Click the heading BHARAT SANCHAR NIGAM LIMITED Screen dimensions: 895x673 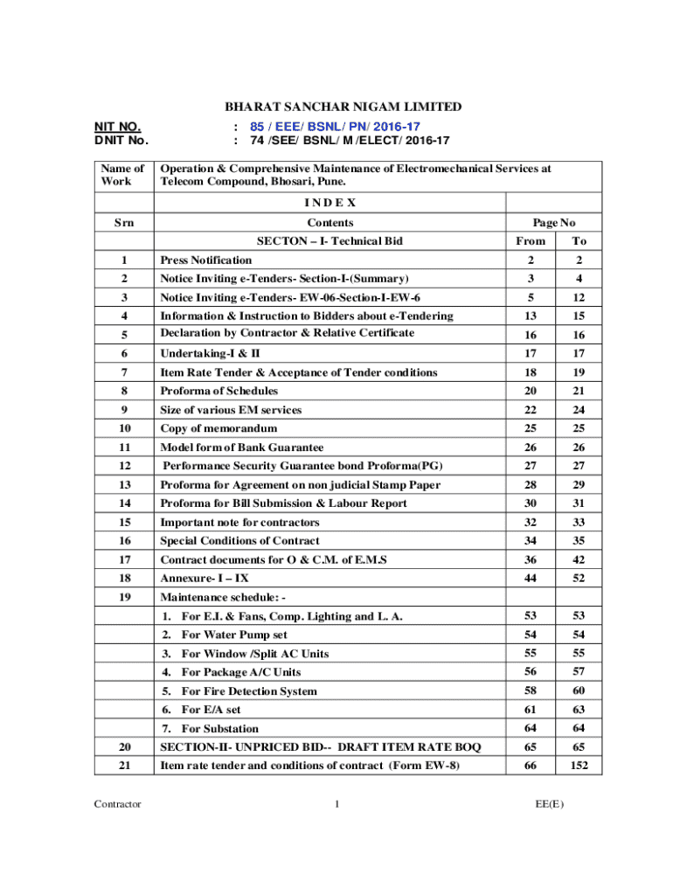[343, 107]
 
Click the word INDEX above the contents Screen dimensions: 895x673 [330, 202]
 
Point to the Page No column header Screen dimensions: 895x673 [554, 223]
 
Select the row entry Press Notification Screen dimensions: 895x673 [205, 260]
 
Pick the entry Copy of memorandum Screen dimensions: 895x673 [219, 428]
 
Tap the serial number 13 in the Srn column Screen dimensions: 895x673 [124, 484]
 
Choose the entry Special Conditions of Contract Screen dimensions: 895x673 [239, 541]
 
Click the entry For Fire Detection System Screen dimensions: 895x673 [249, 691]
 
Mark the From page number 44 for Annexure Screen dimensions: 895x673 [531, 579]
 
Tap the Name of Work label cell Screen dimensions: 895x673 [123, 175]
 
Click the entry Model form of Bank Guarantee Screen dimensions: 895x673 [241, 447]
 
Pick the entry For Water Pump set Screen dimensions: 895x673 [234, 635]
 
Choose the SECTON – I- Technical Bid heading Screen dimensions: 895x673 [330, 240]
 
